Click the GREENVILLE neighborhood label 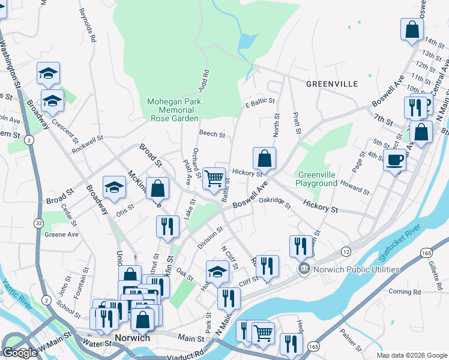332,83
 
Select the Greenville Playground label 316,179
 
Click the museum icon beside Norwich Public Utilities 305,269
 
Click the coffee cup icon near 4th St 394,160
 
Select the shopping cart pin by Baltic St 214,178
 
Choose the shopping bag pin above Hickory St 264,160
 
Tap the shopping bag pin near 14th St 412,29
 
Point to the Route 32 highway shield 38,223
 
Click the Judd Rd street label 205,82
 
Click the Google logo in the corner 20,353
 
